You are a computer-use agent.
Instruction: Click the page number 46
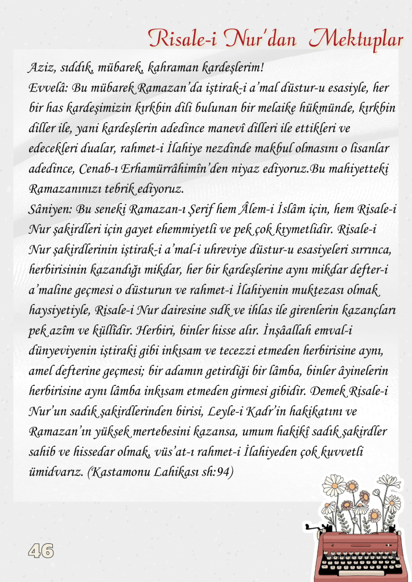coord(41,550)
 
